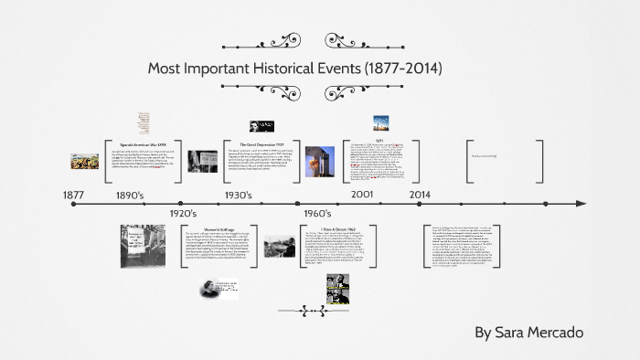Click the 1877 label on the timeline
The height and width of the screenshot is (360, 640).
tap(73, 195)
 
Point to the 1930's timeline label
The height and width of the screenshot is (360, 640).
tap(239, 195)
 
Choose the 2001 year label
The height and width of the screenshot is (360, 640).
tap(362, 195)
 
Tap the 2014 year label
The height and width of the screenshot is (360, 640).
tap(420, 195)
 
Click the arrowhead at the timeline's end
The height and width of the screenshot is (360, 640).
tap(579, 204)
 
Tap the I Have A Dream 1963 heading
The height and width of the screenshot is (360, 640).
tap(339, 228)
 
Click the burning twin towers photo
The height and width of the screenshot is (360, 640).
tap(321, 161)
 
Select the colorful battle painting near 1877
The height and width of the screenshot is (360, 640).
tap(84, 162)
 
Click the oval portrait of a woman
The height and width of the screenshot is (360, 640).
tap(219, 289)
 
